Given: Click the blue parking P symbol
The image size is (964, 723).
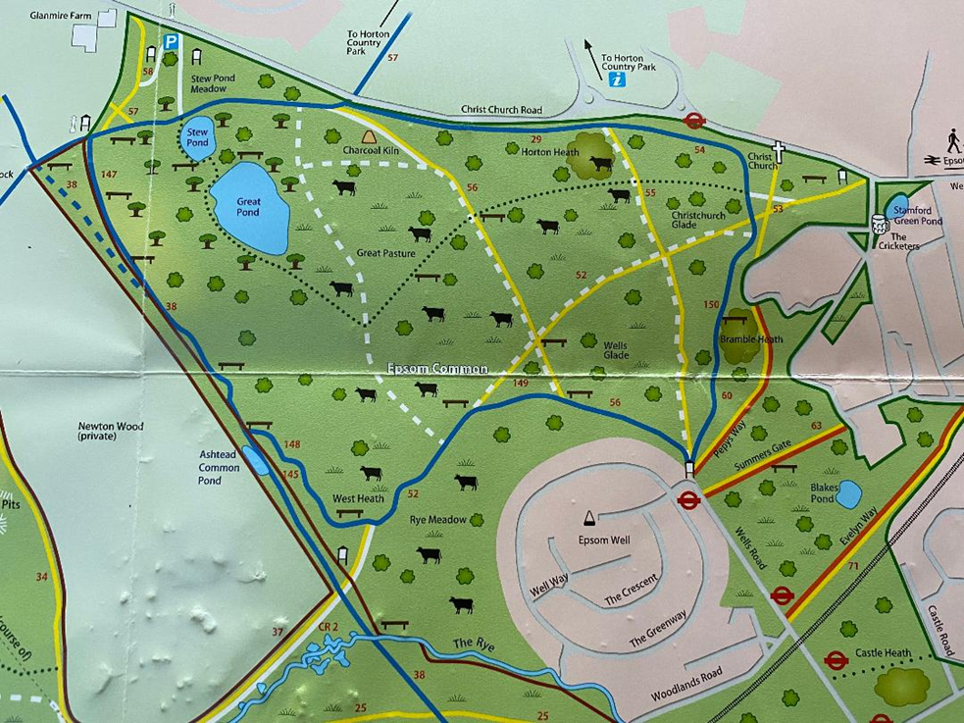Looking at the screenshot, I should pos(172,43).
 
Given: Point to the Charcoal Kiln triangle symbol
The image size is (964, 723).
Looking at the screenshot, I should pos(369,138).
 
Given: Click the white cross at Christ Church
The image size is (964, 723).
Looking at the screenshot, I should pos(780,152).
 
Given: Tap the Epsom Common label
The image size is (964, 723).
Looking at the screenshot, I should pos(437,370).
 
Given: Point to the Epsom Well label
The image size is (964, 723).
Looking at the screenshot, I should pos(604,540).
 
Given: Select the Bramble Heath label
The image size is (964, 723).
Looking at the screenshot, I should pos(750,338).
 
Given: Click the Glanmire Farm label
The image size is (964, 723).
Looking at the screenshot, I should pos(61,17).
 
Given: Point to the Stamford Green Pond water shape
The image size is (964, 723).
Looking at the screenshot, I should pos(897,206).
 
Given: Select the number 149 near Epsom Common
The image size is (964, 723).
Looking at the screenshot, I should pos(521,384).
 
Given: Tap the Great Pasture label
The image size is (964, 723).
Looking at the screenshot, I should pos(386,253).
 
